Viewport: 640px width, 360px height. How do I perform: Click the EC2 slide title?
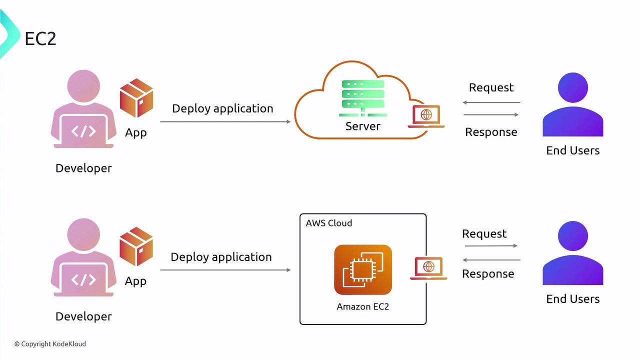coord(40,39)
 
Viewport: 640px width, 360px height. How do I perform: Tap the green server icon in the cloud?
coord(363,98)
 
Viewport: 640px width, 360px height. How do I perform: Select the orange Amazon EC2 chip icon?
coord(363,269)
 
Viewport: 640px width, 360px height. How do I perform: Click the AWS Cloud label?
coord(329,223)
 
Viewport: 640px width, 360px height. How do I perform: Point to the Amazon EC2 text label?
coord(363,306)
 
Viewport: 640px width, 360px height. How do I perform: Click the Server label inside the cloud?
coord(363,126)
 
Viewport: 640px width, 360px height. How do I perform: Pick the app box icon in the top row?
coord(136,98)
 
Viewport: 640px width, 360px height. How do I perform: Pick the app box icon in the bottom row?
coord(136,246)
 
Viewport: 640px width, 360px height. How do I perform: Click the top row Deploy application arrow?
coord(225,121)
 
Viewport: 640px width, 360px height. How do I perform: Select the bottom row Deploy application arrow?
coord(225,270)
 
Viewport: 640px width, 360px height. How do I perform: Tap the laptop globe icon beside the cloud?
coord(426,116)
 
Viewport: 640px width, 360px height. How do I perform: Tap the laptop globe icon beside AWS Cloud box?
coord(428,268)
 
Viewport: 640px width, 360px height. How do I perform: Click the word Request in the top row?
coord(491,87)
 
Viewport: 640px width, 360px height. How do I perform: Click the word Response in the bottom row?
coord(488,274)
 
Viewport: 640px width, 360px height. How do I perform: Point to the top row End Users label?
coord(572,150)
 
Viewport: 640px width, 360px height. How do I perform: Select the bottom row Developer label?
coord(83,316)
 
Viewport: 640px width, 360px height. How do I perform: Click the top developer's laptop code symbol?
coord(83,131)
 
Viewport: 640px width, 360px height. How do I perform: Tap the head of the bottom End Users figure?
coord(573,236)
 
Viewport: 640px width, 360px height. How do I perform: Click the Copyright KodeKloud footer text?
coord(50,344)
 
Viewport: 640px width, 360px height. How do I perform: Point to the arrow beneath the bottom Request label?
coord(491,245)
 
